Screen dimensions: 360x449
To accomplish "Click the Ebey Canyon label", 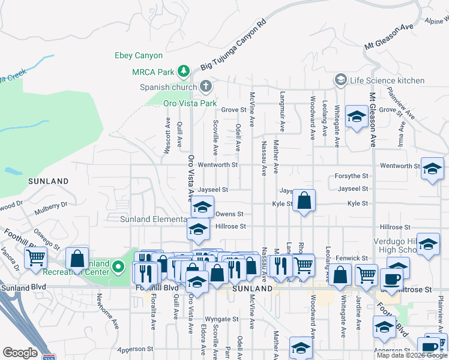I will tap(139, 56).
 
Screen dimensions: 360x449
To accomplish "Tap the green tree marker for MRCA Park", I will tap(184, 72).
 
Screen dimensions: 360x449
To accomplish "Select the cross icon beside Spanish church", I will tap(205, 87).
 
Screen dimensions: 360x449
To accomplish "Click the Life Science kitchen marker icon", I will tap(341, 80).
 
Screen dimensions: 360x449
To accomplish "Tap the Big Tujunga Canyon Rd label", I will tap(234, 46).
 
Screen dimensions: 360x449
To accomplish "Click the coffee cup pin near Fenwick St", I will tap(391, 278).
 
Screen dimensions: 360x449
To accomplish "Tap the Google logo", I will tap(20, 353).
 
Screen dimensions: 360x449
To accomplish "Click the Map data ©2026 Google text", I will tap(411, 355).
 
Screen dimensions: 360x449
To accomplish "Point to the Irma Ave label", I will tap(401, 136).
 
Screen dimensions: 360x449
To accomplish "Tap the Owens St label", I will tap(229, 214).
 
